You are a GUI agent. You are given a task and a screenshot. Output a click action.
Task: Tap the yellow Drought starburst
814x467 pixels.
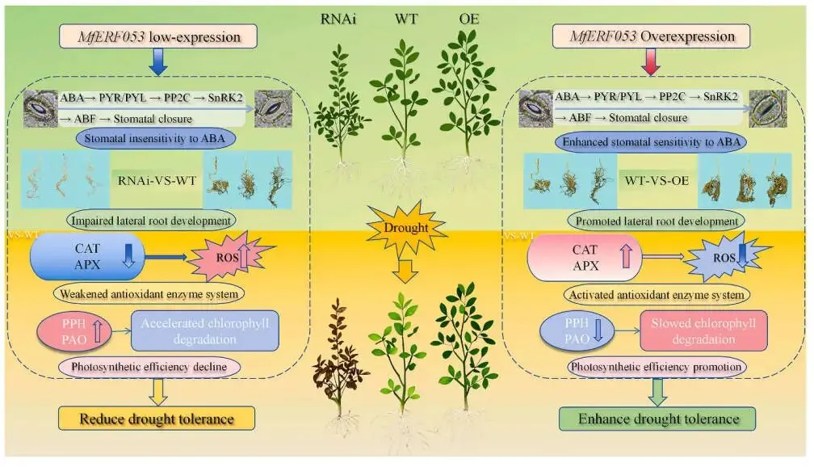coord(406,228)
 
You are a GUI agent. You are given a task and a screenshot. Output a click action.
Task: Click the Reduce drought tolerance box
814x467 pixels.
coord(156,419)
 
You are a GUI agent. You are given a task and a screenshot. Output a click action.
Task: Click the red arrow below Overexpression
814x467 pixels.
coord(651,63)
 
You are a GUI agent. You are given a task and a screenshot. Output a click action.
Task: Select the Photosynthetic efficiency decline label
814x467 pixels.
coord(150,367)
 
